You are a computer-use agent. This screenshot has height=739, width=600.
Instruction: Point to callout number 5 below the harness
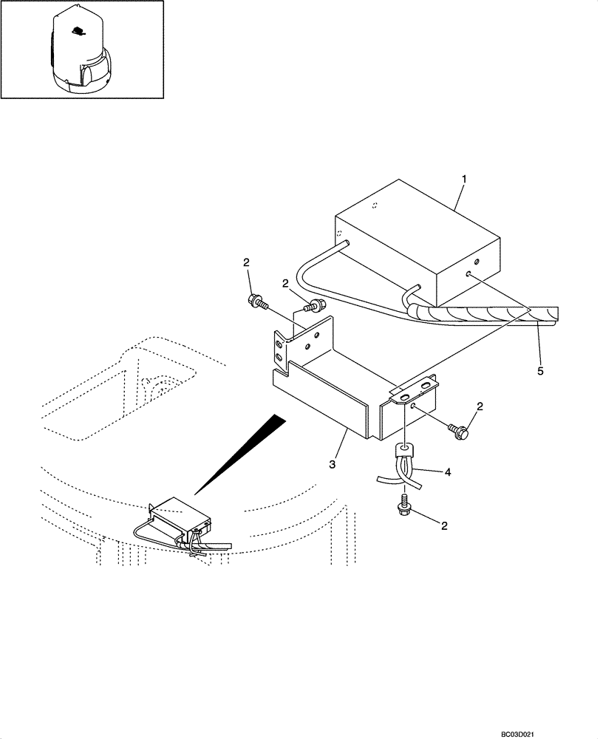tap(540, 370)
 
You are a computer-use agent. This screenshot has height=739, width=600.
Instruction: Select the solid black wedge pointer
tap(243, 452)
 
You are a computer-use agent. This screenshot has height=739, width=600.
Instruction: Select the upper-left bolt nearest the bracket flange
tap(256, 301)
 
